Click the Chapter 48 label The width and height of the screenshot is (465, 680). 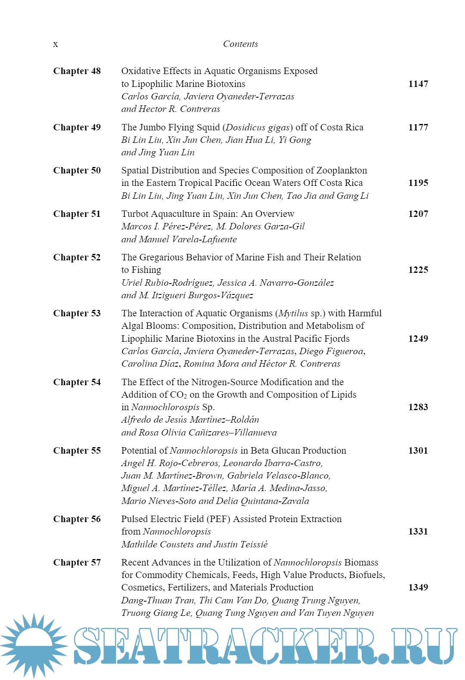(77, 71)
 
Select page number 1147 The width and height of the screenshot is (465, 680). (418, 84)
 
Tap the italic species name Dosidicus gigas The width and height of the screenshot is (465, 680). (257, 127)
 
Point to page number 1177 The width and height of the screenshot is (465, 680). (418, 127)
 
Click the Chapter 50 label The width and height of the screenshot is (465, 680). (77, 170)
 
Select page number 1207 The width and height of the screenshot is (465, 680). (418, 214)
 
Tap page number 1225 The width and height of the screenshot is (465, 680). (418, 270)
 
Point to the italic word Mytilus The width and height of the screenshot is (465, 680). (294, 313)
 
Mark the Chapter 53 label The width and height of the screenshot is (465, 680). (77, 313)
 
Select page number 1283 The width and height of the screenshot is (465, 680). (418, 407)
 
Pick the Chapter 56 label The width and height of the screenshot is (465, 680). (77, 519)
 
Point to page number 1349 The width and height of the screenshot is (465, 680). (418, 587)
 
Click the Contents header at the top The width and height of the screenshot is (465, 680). (240, 44)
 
